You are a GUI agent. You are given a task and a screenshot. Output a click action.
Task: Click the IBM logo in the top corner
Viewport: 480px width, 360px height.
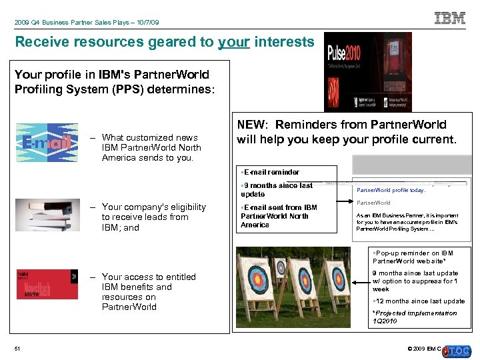pos(450,19)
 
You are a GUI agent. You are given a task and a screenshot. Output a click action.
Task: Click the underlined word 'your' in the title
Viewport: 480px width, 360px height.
pos(233,42)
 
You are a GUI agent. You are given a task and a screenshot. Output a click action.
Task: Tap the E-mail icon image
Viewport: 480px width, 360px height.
pos(46,143)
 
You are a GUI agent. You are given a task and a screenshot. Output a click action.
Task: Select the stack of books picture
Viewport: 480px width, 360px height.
pos(46,215)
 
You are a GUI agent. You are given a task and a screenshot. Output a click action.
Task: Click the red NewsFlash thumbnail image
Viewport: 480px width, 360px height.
pos(46,284)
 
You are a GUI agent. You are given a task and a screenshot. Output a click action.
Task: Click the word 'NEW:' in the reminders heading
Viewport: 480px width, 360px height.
pos(253,125)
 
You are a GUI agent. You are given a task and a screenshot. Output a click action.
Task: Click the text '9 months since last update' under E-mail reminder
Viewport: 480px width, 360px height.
pos(276,189)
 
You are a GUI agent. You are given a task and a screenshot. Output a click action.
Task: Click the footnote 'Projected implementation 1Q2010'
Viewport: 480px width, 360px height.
pos(415,317)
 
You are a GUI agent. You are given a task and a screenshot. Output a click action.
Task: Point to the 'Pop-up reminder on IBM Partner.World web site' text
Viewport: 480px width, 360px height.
pos(414,257)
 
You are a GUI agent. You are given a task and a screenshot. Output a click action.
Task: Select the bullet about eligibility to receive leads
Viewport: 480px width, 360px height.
pos(153,217)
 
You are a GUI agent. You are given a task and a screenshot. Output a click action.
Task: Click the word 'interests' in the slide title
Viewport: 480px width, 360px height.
pos(283,42)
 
